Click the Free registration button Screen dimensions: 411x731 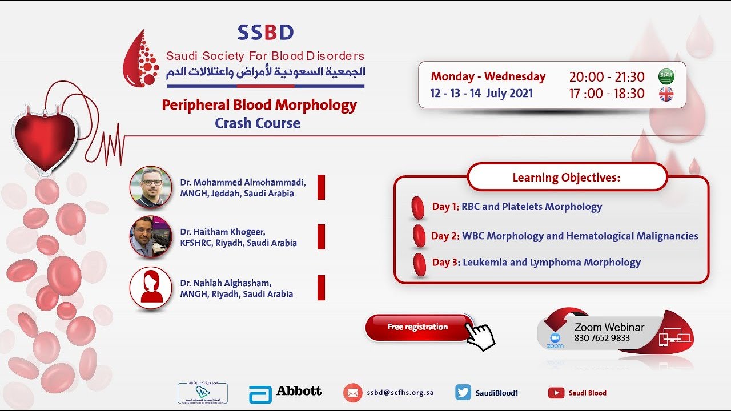(417, 327)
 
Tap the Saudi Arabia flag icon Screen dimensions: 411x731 (666, 76)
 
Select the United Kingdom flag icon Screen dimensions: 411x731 (666, 94)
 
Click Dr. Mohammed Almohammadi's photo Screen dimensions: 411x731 (151, 187)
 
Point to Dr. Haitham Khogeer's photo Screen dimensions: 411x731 (151, 236)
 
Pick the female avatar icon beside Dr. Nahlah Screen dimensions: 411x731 (151, 288)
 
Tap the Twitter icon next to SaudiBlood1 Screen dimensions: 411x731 (463, 392)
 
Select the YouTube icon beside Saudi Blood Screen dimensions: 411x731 (556, 393)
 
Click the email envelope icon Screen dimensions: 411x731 (352, 393)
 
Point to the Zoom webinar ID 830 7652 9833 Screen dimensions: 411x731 (602, 338)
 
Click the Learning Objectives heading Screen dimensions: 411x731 (567, 178)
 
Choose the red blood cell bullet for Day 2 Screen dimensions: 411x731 (419, 236)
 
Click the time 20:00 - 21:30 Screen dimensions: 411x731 (607, 77)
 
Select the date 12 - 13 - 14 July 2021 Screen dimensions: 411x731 (481, 93)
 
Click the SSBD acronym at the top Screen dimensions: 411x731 (266, 33)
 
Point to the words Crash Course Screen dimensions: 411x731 (258, 123)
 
